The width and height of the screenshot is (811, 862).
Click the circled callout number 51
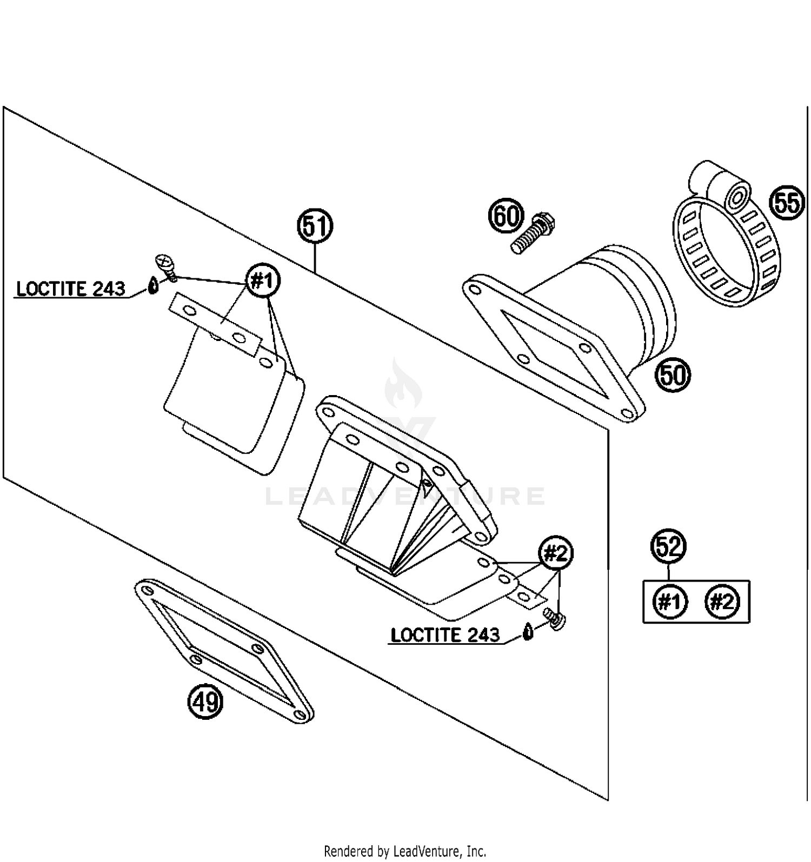coord(315,226)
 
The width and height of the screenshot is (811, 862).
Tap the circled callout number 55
coord(786,203)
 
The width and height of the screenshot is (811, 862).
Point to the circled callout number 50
coord(673,374)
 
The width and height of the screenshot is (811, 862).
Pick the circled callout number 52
coord(669,547)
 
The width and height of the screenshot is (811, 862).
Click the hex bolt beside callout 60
coord(533,234)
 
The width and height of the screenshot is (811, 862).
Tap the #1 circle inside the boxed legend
coord(670,602)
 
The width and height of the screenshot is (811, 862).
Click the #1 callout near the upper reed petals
coord(263,281)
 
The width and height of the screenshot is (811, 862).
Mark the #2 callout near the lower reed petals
coord(556,554)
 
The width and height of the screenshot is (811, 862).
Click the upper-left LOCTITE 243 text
coord(70,289)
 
